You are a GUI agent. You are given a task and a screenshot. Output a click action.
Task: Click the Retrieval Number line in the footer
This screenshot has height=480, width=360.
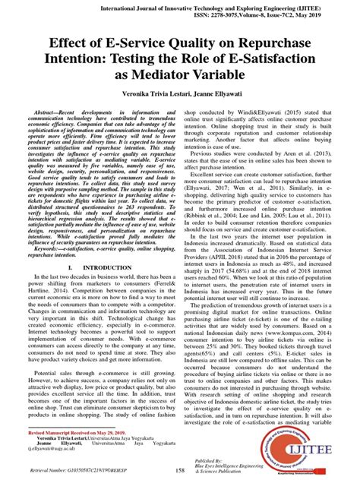68,472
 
